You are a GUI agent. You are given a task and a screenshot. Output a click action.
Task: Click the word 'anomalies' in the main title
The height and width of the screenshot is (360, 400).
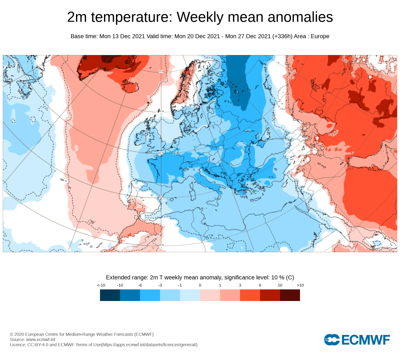(x=300, y=17)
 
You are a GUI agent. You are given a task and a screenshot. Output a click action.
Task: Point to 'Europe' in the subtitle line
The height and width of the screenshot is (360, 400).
(x=320, y=36)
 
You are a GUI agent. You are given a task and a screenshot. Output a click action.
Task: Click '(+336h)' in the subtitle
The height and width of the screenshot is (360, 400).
(x=282, y=36)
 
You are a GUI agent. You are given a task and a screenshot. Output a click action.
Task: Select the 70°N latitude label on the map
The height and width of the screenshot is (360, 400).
(x=161, y=71)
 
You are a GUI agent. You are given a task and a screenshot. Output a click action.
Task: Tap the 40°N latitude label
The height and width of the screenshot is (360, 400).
(x=161, y=197)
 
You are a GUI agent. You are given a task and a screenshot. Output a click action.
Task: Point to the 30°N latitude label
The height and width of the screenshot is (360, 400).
(x=161, y=245)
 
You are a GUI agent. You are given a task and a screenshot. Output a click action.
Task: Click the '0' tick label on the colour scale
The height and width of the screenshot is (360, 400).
(x=200, y=285)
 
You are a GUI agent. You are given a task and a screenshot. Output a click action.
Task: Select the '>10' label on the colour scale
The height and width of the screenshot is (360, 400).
(x=300, y=285)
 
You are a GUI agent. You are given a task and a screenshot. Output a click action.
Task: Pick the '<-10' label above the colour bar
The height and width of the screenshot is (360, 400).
(x=101, y=285)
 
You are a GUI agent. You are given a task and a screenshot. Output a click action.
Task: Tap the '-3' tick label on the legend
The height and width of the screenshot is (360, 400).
(x=160, y=285)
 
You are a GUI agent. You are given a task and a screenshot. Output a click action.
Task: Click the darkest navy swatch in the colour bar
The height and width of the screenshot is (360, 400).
(x=110, y=295)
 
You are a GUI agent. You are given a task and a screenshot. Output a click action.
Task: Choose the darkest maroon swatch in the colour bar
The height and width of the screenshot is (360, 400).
(x=290, y=295)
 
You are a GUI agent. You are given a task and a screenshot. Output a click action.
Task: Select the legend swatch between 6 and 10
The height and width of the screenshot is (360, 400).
(x=270, y=295)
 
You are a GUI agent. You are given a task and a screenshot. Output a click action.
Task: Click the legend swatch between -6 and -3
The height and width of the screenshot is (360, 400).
(x=150, y=295)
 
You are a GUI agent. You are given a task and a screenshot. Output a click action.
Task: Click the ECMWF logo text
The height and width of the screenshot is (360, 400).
(x=365, y=340)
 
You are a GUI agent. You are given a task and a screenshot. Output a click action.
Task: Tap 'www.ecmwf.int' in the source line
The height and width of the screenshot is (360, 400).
(x=41, y=339)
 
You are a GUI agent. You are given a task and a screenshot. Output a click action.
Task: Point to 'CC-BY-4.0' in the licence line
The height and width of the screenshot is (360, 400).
(x=38, y=345)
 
